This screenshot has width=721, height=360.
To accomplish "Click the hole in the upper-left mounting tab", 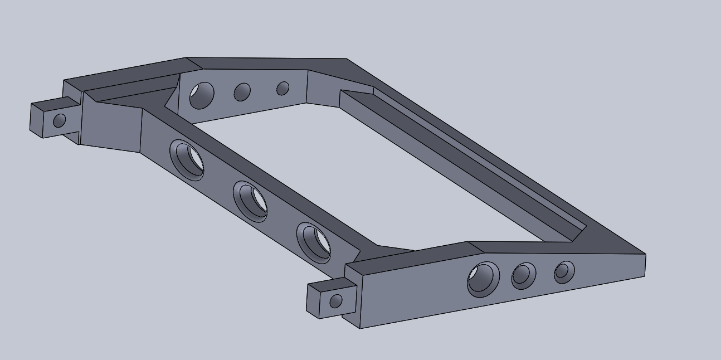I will point(59,120).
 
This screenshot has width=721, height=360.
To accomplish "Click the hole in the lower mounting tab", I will point(335,301).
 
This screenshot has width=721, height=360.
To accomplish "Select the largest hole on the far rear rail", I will point(202,95).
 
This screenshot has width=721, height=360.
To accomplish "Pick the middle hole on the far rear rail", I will point(242,92).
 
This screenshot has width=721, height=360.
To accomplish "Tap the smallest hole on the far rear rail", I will point(283,88).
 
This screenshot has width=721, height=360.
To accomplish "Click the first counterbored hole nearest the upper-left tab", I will point(187,160).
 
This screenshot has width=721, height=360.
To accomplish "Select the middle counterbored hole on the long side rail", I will point(250,201).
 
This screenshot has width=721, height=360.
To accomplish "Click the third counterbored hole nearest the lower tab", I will point(314,242).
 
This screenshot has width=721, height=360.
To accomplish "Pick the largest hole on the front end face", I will point(483,279).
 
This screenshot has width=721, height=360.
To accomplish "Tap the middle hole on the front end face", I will point(523,275).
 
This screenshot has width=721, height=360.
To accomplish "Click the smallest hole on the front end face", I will point(564,272).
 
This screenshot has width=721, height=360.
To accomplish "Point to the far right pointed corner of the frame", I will point(645,256).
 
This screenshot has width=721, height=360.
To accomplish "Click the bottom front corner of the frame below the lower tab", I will point(360,328).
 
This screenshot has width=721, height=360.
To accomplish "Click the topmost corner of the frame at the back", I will point(186,57).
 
